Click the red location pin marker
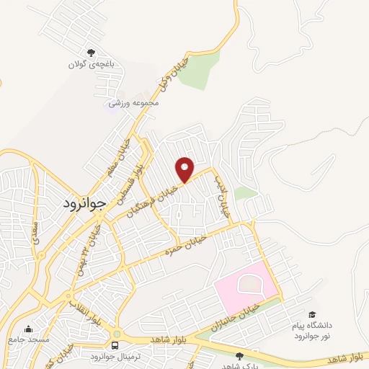pos(185,169)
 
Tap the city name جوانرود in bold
pos(84,203)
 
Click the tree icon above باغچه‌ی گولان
pos(91,53)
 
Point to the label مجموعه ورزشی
pos(133,103)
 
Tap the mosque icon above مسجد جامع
pos(28,328)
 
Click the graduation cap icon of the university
pos(313,314)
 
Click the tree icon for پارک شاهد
pos(239,355)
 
